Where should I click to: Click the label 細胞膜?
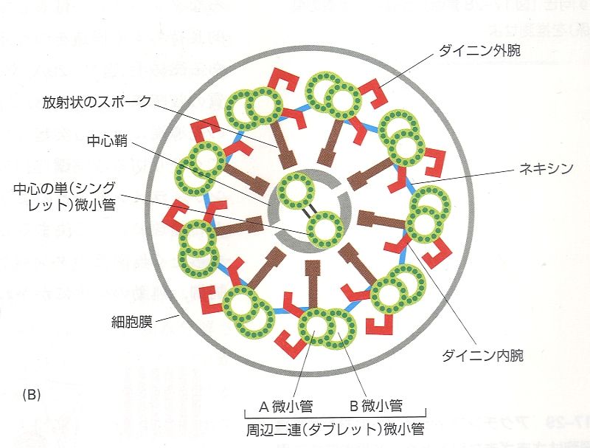(133, 323)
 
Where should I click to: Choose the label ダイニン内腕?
(482, 355)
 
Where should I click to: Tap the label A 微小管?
(285, 404)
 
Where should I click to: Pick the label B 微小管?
(376, 404)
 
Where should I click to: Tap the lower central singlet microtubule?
(325, 229)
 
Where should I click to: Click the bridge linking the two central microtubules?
(310, 210)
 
